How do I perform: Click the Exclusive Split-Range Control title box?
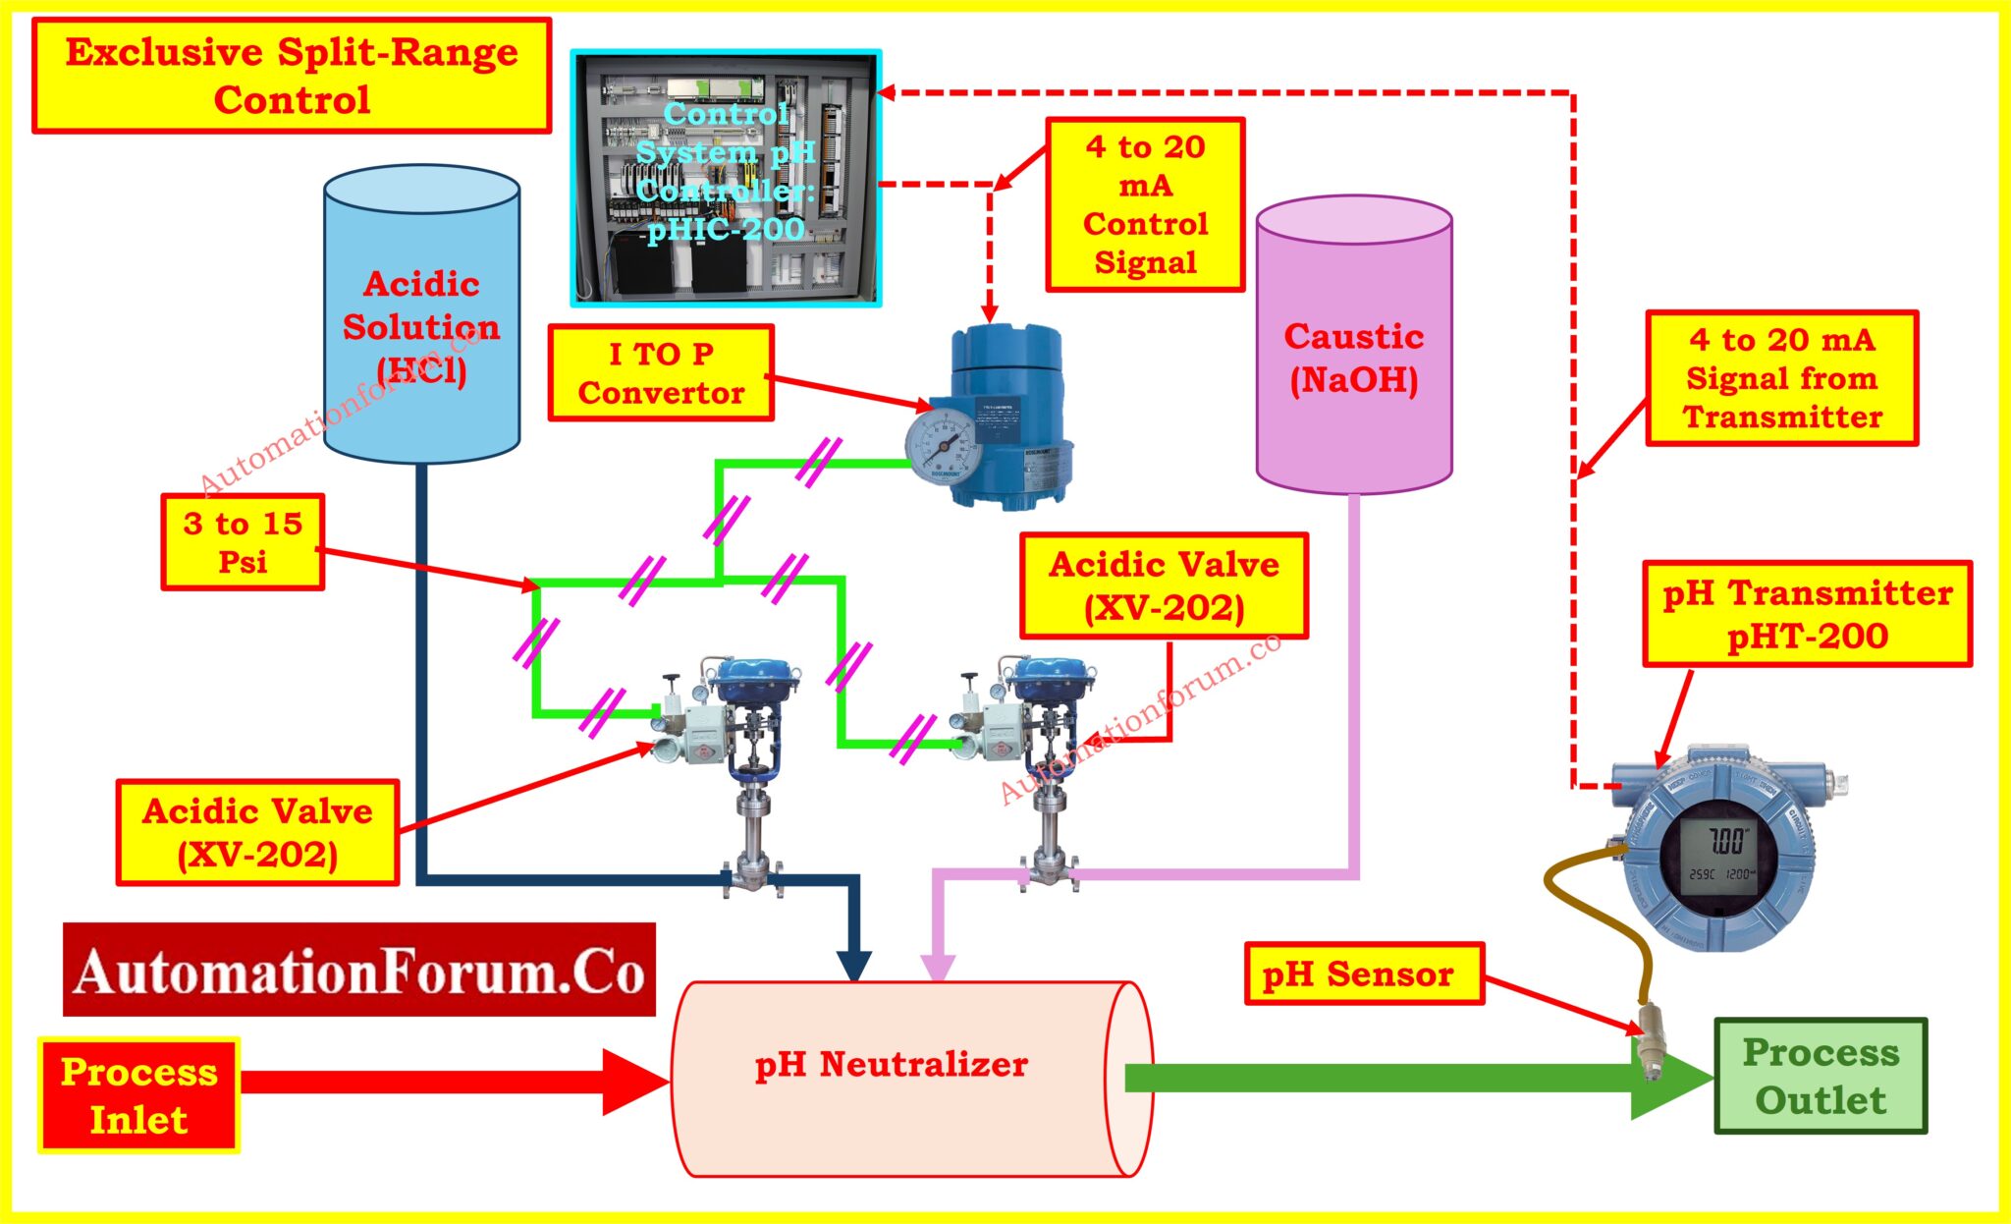click(x=292, y=76)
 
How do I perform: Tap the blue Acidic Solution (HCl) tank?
click(x=421, y=314)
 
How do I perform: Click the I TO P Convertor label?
click(x=661, y=373)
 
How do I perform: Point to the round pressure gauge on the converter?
click(x=941, y=446)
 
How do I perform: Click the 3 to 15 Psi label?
click(x=243, y=542)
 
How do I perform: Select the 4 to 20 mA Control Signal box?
click(x=1145, y=204)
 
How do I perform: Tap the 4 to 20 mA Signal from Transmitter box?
click(x=1781, y=378)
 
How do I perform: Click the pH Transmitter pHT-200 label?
click(x=1807, y=614)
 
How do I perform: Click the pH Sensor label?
click(x=1363, y=974)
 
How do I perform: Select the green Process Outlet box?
click(x=1821, y=1076)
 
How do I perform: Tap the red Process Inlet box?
click(x=138, y=1094)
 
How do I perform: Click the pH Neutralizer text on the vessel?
click(x=891, y=1064)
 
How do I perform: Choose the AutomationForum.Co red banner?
click(x=359, y=970)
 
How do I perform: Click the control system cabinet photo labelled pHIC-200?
click(x=726, y=177)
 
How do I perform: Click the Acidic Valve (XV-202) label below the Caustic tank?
click(x=1164, y=585)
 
